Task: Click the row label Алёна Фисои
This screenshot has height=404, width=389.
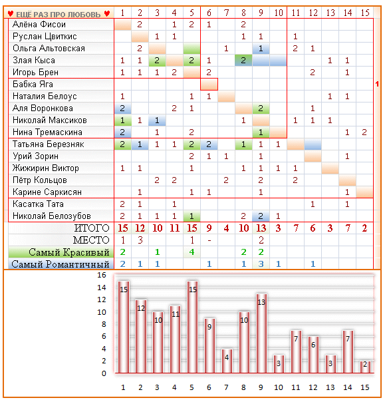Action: point(39,25)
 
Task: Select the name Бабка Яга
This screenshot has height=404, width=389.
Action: point(33,85)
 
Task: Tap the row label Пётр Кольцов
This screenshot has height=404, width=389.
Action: point(40,180)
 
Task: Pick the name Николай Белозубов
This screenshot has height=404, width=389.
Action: point(51,216)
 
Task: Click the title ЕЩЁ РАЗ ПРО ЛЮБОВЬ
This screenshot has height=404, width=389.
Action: point(59,15)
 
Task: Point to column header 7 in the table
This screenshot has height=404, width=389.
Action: point(226,13)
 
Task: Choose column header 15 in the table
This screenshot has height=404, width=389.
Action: point(365,13)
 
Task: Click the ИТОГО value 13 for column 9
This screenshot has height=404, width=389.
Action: point(261,228)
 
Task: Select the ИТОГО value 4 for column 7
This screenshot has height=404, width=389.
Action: point(226,228)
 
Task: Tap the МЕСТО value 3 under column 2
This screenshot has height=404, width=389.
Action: point(140,240)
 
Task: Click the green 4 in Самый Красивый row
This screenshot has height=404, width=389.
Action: point(192,252)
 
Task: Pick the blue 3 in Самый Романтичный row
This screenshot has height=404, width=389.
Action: point(261,264)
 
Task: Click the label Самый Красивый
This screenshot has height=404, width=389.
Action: point(69,252)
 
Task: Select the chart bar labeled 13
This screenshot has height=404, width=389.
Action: point(261,333)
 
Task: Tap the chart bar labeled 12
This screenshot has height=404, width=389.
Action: point(141,337)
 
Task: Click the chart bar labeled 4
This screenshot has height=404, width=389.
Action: point(227,361)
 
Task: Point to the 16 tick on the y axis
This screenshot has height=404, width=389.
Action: point(102,275)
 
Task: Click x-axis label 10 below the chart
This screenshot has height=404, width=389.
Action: point(279,387)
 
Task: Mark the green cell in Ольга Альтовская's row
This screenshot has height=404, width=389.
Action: point(192,49)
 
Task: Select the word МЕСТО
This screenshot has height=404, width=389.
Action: point(91,240)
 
